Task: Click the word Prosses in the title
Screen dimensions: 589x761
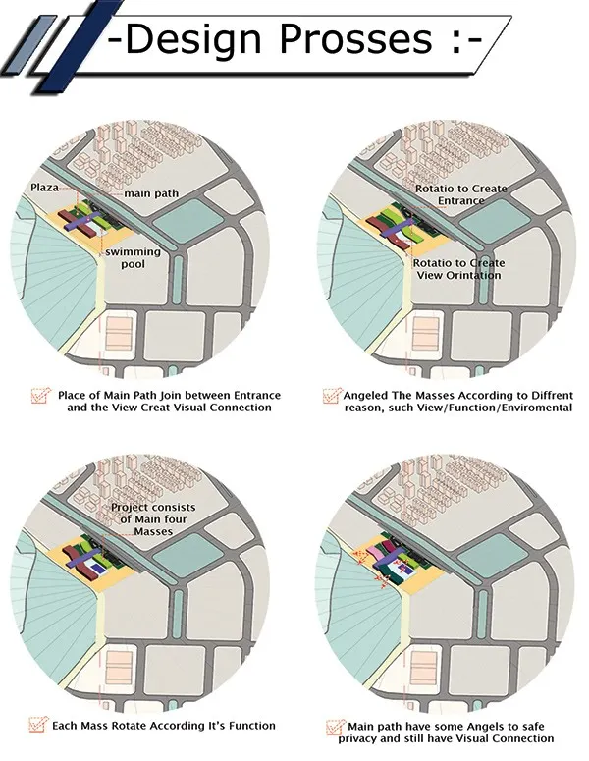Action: pos(355,38)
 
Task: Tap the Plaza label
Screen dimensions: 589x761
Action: pos(44,188)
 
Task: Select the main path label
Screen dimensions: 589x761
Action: pos(151,193)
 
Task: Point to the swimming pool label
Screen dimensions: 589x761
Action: pos(133,258)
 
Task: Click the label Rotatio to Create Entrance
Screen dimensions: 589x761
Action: pos(461,194)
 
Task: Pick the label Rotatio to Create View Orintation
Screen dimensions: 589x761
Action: pos(459,269)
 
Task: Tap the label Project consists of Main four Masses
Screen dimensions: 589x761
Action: pos(153,519)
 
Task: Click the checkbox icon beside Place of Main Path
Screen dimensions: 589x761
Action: pos(41,396)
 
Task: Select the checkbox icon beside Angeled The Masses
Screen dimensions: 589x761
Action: pos(332,396)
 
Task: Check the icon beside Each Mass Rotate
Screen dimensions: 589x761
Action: pos(39,725)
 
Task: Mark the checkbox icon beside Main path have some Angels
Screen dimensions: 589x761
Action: pos(336,728)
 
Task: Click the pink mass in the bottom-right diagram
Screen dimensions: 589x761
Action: pos(376,552)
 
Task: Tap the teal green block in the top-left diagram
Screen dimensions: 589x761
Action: pos(189,225)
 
